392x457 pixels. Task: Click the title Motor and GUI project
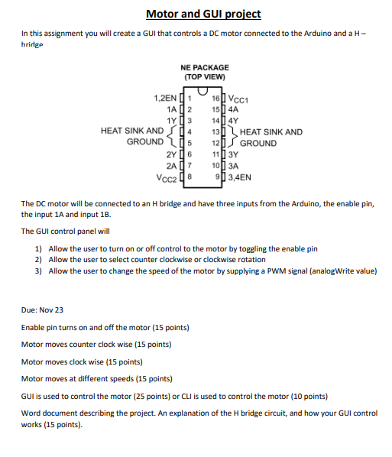coord(203,14)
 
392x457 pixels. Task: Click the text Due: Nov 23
coord(42,310)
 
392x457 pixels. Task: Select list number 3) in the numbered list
coord(38,271)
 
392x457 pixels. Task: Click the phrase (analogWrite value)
coord(340,271)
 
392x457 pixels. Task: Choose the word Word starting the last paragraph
coord(32,413)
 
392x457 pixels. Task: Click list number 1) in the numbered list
coord(38,249)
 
